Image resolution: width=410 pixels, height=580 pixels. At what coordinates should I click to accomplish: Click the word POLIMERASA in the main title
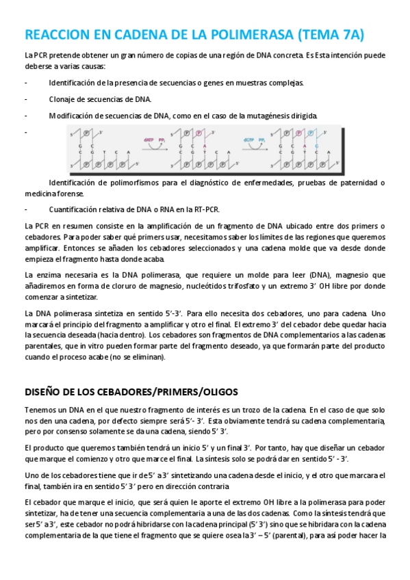(x=232, y=34)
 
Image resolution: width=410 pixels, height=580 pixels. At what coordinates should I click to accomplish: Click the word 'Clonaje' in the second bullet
(x=61, y=99)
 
